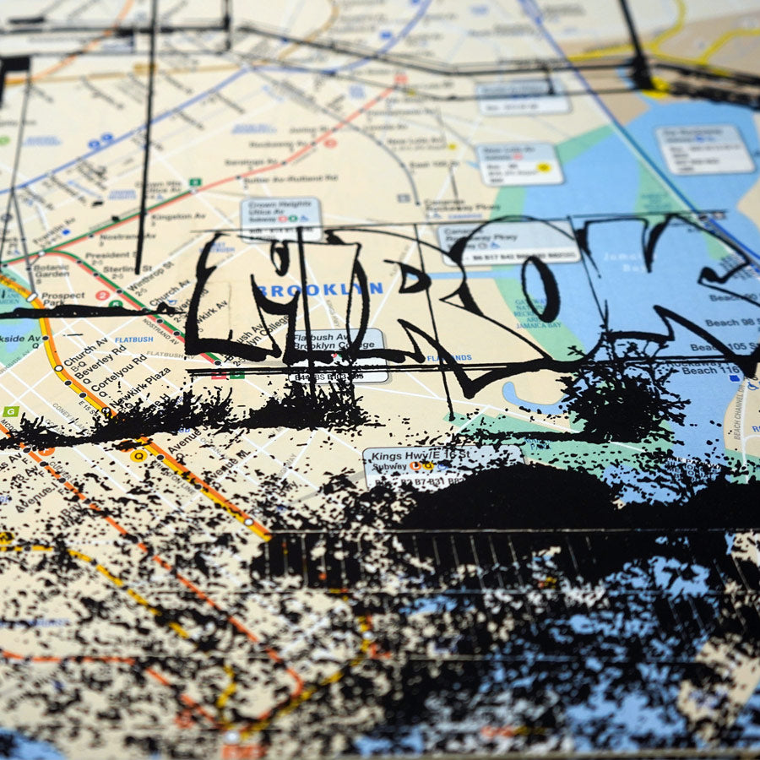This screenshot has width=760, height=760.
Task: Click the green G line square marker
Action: [11, 411]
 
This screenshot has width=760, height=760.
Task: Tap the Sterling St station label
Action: [120, 270]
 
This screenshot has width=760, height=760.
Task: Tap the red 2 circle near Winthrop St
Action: [102, 296]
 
